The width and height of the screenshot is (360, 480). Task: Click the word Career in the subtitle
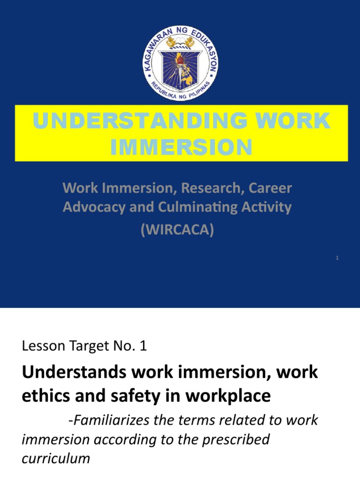click(x=274, y=188)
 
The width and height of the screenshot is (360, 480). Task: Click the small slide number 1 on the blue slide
click(x=337, y=258)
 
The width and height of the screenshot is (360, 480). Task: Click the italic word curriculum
click(x=55, y=458)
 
